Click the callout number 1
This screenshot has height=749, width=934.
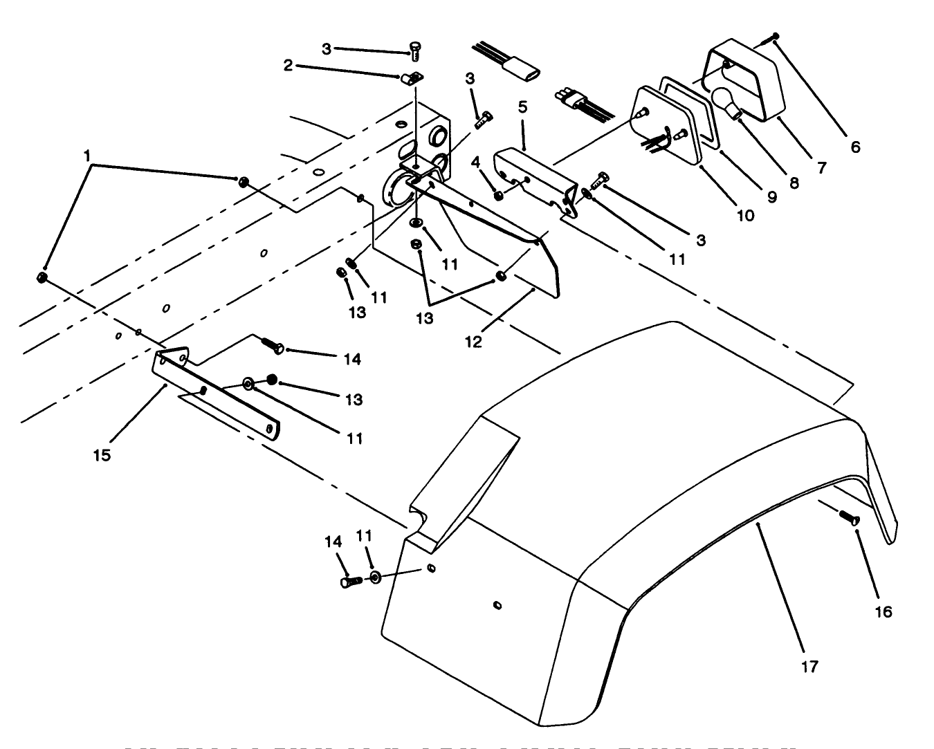point(87,156)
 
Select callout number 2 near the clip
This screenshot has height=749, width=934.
point(288,66)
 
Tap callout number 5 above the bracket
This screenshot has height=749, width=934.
point(522,107)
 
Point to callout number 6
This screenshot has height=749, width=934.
point(856,147)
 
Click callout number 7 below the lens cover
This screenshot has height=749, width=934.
point(821,167)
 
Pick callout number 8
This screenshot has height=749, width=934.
point(794,183)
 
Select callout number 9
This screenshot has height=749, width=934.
point(771,196)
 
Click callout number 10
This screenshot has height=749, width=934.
point(744,215)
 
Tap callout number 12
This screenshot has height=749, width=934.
point(473,341)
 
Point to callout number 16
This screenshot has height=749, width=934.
point(883,611)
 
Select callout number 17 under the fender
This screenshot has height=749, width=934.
point(809,666)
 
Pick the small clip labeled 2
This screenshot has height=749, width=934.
point(411,79)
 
